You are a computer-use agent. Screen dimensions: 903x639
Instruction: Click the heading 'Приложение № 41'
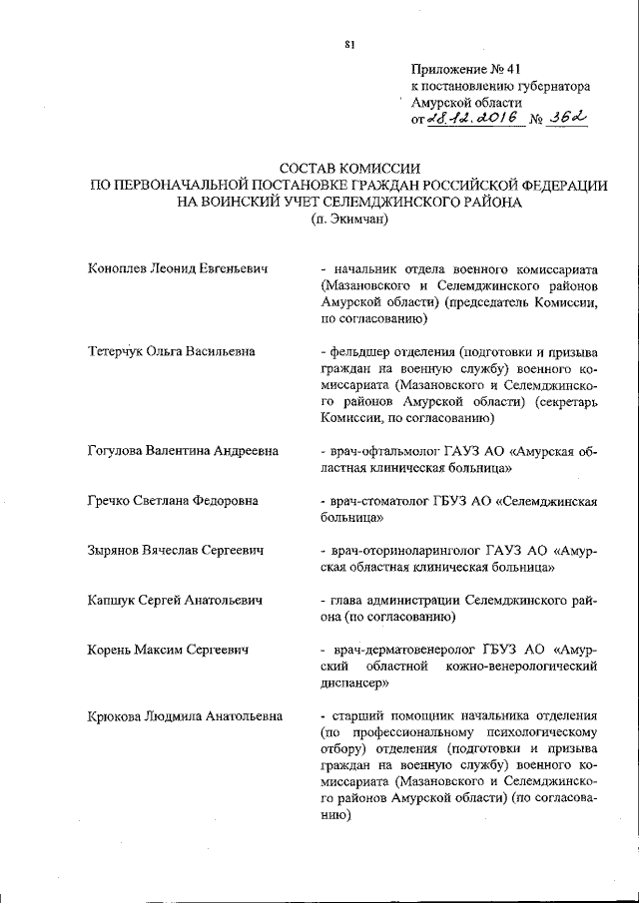[466, 69]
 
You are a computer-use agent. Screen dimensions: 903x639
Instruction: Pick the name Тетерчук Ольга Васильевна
[171, 351]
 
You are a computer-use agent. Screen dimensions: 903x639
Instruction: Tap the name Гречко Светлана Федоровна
[173, 500]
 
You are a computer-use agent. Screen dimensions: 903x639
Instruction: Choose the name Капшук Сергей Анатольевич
[175, 600]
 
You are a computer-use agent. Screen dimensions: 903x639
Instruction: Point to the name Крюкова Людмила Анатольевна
[185, 715]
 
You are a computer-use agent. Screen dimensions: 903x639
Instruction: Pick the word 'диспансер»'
[355, 683]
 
